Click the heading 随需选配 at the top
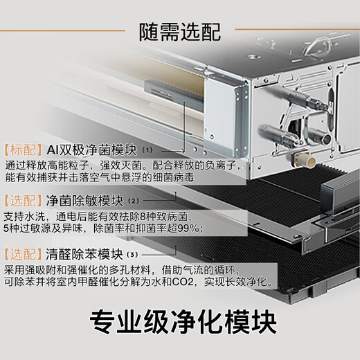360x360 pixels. pyautogui.click(x=179, y=30)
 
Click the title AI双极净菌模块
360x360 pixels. pyautogui.click(x=93, y=150)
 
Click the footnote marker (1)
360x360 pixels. pyautogui.click(x=147, y=150)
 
